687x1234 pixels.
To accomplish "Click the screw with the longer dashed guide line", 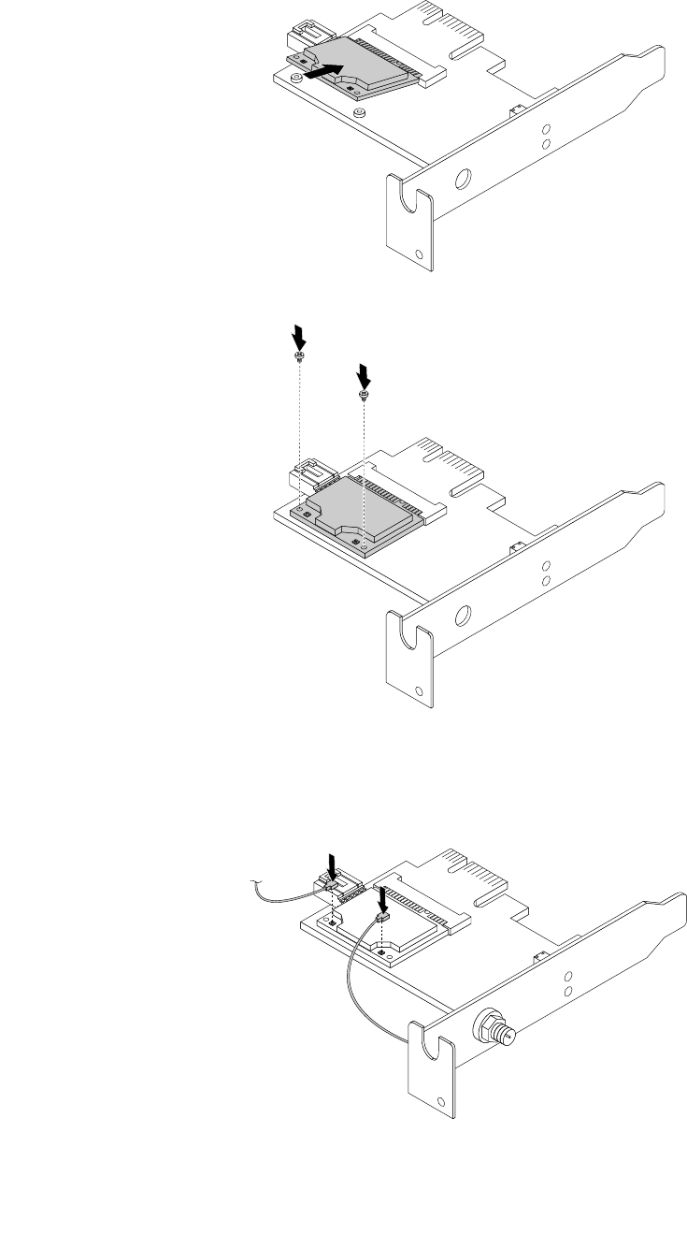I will click(x=297, y=358).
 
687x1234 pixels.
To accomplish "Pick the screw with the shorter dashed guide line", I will click(x=363, y=396).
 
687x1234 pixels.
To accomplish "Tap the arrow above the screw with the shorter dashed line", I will click(x=364, y=375).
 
